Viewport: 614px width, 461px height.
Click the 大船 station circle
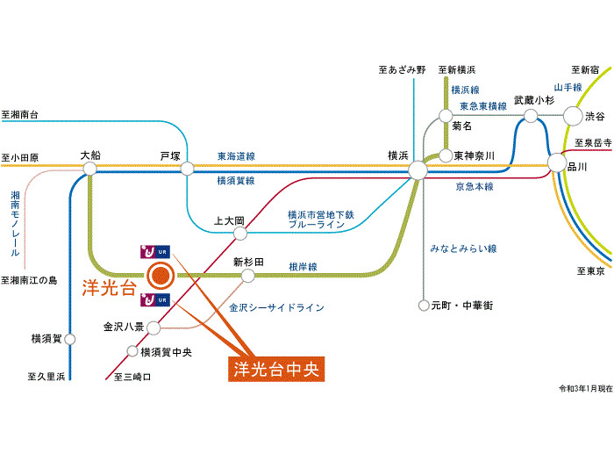click(90, 168)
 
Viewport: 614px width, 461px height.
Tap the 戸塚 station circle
click(187, 169)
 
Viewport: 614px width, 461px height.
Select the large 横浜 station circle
click(418, 169)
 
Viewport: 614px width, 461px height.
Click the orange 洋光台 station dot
click(160, 277)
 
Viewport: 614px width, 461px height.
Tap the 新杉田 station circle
click(249, 276)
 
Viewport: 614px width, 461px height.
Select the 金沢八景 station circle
click(153, 328)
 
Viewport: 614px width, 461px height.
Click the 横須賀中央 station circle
click(133, 352)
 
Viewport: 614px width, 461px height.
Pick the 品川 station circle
click(556, 164)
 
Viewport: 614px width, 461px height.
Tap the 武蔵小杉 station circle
click(531, 115)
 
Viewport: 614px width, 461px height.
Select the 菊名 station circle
click(446, 115)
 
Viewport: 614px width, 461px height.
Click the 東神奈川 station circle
click(445, 155)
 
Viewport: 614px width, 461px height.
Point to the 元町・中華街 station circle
click(424, 306)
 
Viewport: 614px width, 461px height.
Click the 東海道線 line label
click(236, 156)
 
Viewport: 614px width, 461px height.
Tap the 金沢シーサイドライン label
click(277, 308)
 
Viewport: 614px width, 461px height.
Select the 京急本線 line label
click(475, 186)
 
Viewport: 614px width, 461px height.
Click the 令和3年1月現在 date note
click(584, 388)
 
